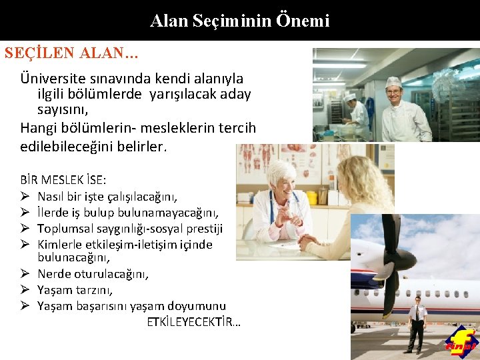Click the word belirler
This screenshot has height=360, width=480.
[x=137, y=145]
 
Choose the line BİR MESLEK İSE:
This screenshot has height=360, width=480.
[x=63, y=180]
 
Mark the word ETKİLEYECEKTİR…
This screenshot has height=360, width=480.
[x=194, y=322]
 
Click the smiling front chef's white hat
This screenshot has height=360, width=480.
[x=393, y=83]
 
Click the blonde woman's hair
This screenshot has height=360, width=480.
[x=363, y=187]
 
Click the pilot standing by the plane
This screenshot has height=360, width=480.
[x=417, y=324]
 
